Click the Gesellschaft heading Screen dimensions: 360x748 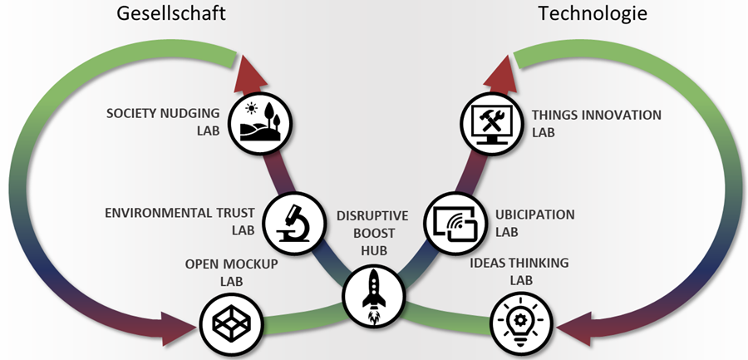[171, 14]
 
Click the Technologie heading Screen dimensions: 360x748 [593, 14]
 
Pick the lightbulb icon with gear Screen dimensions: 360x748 [521, 323]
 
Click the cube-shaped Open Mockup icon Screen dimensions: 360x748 [232, 323]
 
